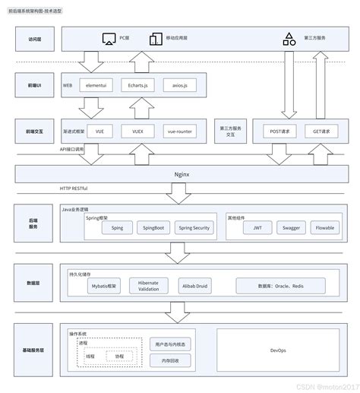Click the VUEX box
pos(137,131)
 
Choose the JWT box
pos(257,227)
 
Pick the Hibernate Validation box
pos(149,286)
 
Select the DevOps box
pos(277,350)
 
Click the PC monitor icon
pos(107,38)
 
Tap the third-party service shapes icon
pos(289,38)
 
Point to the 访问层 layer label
pos(36,38)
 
